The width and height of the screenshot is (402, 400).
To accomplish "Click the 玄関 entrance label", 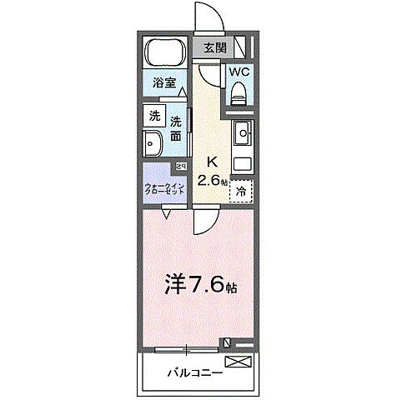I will (x=214, y=47).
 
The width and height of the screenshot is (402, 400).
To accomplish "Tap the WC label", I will (x=239, y=72).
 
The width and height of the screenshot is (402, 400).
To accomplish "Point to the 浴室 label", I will (x=163, y=82).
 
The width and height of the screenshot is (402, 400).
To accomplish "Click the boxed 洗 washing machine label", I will (x=154, y=116).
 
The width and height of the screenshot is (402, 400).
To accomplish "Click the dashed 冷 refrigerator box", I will (x=241, y=191).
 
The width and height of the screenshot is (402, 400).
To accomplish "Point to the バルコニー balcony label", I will (x=193, y=372).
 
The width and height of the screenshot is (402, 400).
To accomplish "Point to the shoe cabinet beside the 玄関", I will (x=242, y=47).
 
